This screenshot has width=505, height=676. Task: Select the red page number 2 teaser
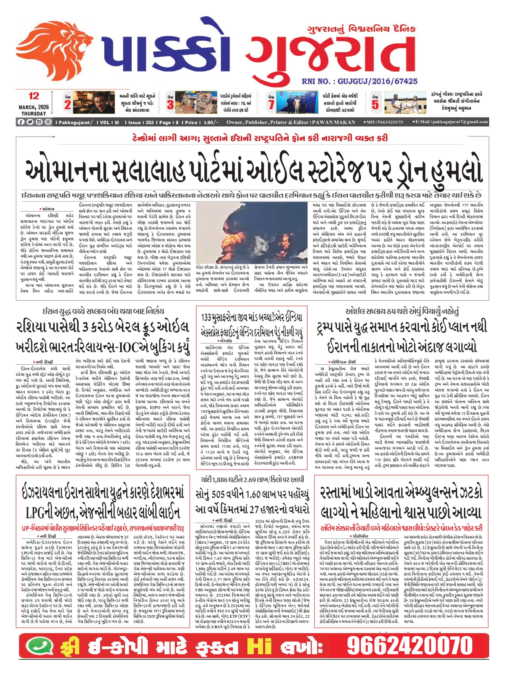[68, 105]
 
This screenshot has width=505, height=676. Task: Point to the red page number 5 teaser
[375, 105]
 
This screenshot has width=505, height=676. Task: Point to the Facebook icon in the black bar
[21, 122]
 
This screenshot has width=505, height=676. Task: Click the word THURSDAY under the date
[34, 113]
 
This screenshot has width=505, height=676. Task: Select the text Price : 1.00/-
[201, 122]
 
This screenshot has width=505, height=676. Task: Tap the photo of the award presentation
[405, 103]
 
